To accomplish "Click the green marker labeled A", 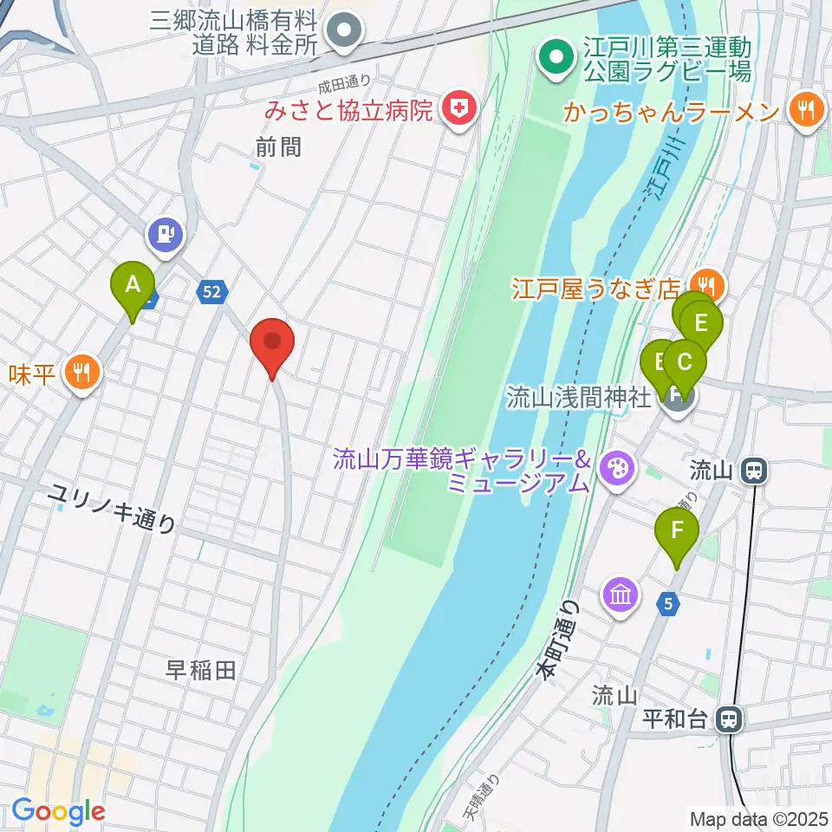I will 132,286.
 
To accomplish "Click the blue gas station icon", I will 166,234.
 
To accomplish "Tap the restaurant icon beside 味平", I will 82,374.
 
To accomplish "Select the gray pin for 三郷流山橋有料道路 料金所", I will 345,31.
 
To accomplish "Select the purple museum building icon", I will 621,595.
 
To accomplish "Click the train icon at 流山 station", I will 754,471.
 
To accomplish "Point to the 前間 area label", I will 278,148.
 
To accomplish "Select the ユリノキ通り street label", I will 112,508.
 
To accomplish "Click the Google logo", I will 58,811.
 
